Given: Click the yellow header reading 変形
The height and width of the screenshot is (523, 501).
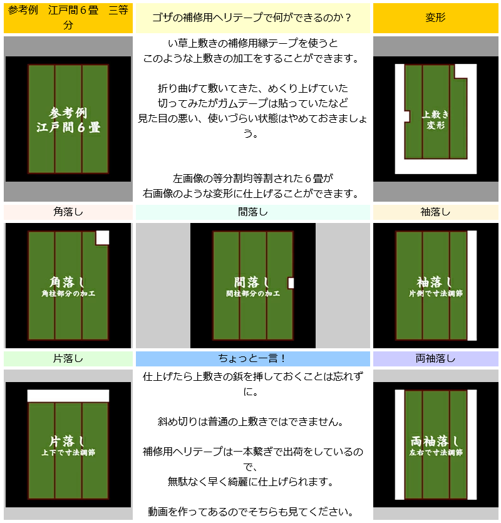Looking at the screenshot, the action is (x=435, y=18).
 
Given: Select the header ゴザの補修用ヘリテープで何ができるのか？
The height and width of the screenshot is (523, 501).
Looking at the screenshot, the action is (x=252, y=18).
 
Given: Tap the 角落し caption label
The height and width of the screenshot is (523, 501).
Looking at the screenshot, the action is (x=68, y=212).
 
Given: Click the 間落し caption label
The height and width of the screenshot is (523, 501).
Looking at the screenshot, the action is (x=252, y=212).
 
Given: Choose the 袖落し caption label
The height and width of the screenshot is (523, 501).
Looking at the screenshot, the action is (x=435, y=212).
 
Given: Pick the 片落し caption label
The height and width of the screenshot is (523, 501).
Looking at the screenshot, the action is (x=68, y=358).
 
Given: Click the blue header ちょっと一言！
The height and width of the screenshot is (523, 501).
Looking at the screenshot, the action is (x=252, y=358).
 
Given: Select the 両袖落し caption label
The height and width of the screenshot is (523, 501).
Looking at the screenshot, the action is (x=435, y=358).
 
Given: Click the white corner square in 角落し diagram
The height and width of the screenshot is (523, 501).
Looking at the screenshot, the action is (x=103, y=237).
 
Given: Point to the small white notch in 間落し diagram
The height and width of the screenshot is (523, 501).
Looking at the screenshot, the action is (x=291, y=283).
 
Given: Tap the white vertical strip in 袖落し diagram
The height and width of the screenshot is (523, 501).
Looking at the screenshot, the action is (x=472, y=286).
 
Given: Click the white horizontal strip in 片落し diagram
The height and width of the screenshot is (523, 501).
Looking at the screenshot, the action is (x=68, y=396).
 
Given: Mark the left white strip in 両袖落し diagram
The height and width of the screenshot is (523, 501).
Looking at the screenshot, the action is (x=400, y=445).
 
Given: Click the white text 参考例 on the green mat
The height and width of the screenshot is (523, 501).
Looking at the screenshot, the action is (x=68, y=113).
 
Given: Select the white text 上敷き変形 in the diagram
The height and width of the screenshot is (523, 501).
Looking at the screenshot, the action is (x=435, y=120).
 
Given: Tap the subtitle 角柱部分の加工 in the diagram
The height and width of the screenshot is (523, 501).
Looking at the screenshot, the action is (x=68, y=294).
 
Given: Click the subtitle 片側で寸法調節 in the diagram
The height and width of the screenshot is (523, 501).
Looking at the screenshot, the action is (x=436, y=294).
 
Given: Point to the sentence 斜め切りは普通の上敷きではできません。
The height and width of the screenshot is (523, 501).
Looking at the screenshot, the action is (x=251, y=422).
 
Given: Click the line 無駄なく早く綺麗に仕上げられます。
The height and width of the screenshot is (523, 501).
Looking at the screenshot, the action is (x=251, y=482).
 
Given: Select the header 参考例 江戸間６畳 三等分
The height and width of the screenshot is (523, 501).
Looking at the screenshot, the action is (x=68, y=18).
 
